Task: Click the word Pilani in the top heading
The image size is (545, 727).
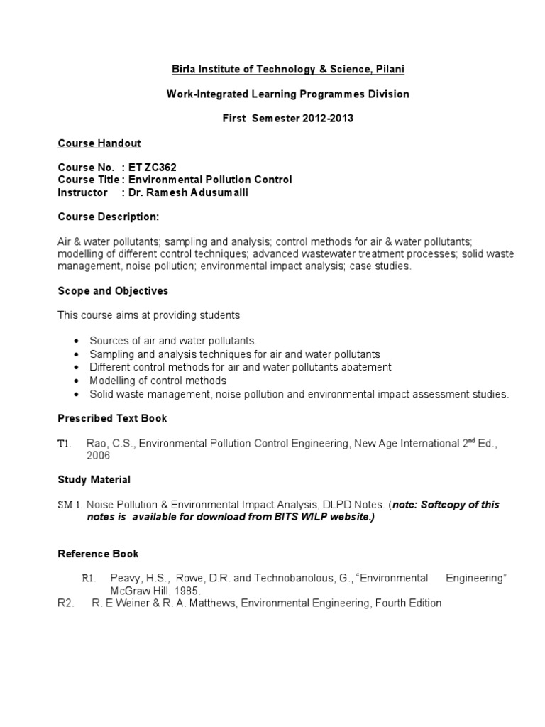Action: (388, 69)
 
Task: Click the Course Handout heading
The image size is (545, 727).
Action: (99, 143)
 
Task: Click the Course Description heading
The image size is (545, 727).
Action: (108, 217)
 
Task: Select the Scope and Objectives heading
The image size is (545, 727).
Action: (112, 291)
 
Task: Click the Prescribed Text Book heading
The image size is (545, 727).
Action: (112, 418)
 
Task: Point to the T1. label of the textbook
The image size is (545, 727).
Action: (65, 444)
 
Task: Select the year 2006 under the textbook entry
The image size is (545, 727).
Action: (99, 456)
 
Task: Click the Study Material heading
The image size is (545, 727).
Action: (94, 480)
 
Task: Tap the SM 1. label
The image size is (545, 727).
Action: (71, 505)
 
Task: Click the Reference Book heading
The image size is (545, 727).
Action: (98, 553)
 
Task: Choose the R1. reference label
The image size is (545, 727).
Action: (89, 579)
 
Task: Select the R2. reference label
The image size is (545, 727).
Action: (65, 603)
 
